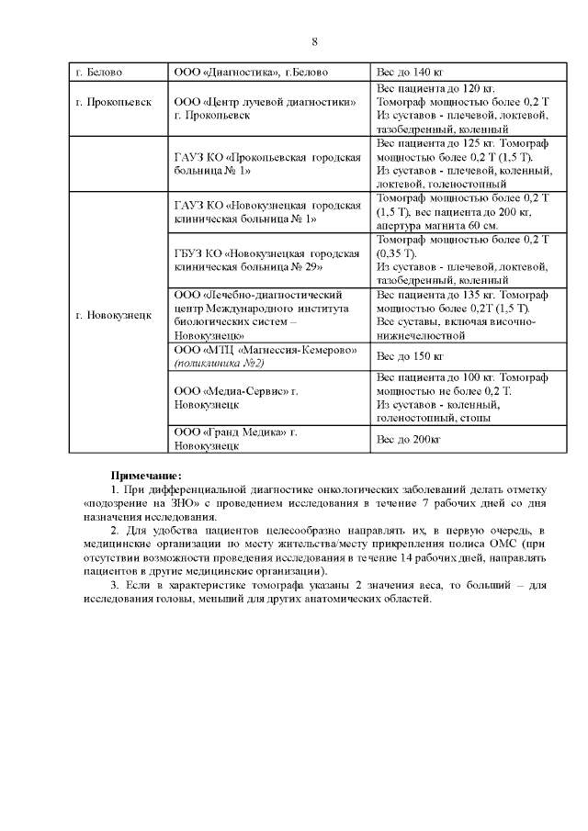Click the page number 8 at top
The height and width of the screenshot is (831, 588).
click(x=314, y=42)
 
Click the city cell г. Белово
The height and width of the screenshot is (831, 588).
click(x=99, y=73)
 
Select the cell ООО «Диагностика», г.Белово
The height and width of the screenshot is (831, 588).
click(x=251, y=73)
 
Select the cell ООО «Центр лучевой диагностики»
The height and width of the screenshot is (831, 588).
click(x=265, y=109)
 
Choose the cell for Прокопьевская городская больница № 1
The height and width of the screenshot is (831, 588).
click(x=266, y=164)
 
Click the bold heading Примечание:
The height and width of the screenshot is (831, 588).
click(x=146, y=476)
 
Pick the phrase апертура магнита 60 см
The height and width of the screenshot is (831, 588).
click(x=437, y=225)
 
